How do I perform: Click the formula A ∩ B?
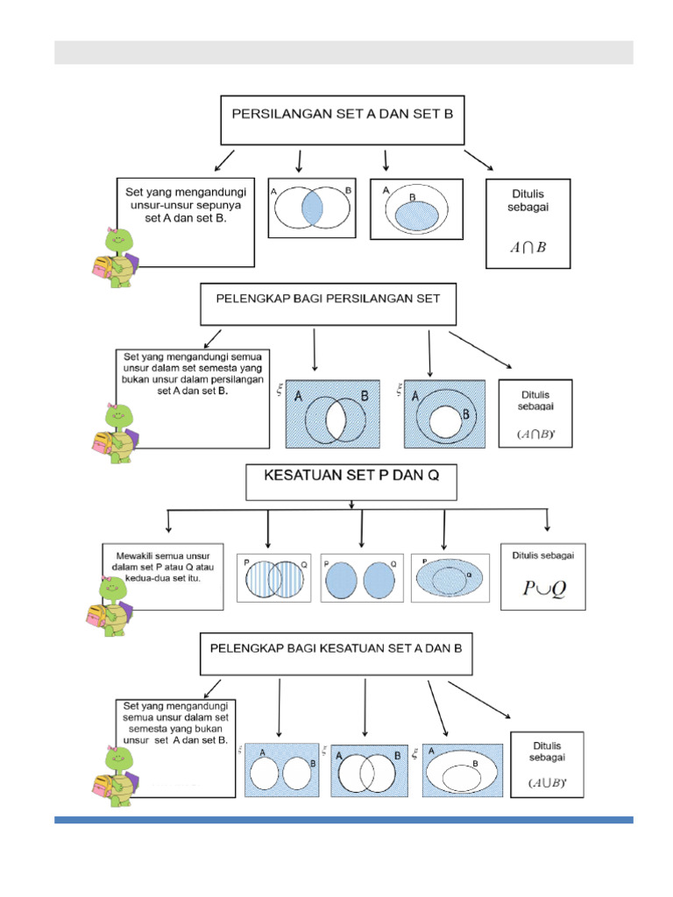point(528,247)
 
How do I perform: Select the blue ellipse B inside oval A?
point(416,215)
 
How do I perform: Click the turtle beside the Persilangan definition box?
point(111,255)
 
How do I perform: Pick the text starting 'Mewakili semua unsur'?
point(165,566)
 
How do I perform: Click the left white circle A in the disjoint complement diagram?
point(265,773)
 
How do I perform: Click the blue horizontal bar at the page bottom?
point(344,820)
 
